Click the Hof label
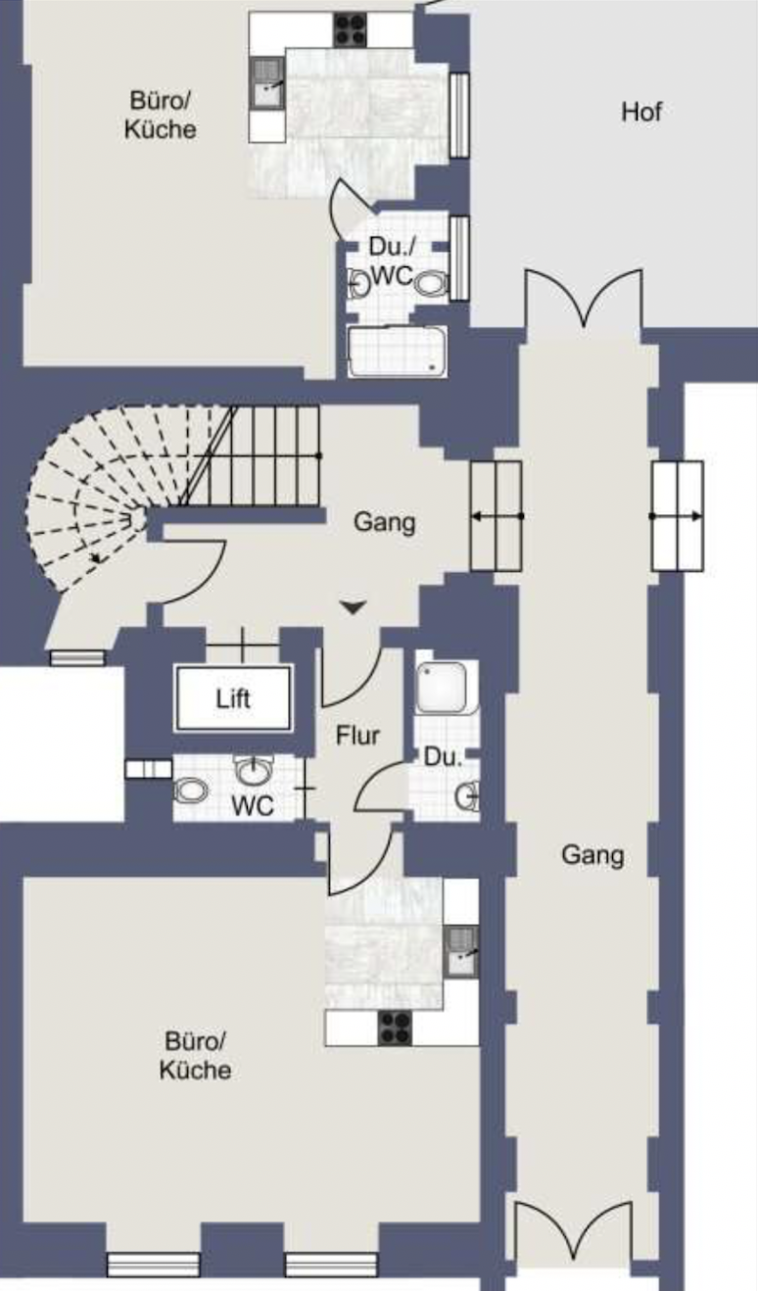pyautogui.click(x=641, y=112)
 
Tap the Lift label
pyautogui.click(x=233, y=699)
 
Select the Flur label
pyautogui.click(x=357, y=736)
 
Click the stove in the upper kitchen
pyautogui.click(x=351, y=29)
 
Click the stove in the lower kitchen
pyautogui.click(x=395, y=1028)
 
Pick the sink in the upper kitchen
pyautogui.click(x=267, y=83)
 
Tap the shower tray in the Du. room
pyautogui.click(x=442, y=688)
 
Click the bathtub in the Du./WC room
pyautogui.click(x=398, y=353)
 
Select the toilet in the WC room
pyautogui.click(x=191, y=790)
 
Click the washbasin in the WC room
pyautogui.click(x=252, y=771)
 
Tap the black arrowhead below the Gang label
pyautogui.click(x=353, y=607)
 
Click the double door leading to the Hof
pyautogui.click(x=584, y=300)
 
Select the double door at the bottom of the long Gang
pyautogui.click(x=573, y=1230)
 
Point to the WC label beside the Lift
pyautogui.click(x=253, y=806)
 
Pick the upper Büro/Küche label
pyautogui.click(x=160, y=115)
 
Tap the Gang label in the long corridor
pyautogui.click(x=592, y=855)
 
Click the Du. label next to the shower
pyautogui.click(x=443, y=757)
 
